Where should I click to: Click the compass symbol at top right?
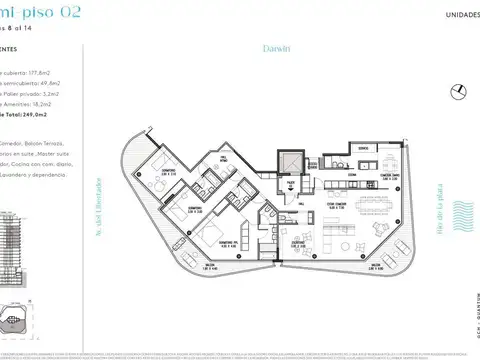point(459,91)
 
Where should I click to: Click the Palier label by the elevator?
point(290,184)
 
